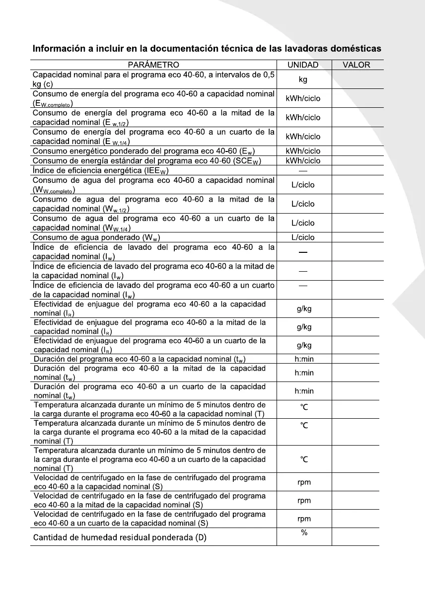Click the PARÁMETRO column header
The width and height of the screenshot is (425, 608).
point(153,65)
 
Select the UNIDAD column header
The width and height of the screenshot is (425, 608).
point(303,65)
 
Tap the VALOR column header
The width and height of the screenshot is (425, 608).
point(356,65)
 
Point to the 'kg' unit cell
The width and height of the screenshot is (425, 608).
point(303,79)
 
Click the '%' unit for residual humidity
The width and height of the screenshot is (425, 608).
point(304,532)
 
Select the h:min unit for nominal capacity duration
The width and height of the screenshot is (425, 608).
point(304,359)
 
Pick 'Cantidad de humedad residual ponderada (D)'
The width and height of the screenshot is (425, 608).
point(120,537)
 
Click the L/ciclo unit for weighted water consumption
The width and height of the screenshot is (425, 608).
point(303,237)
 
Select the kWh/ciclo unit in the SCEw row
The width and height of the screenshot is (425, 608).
point(303,160)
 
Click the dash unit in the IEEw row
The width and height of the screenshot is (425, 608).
point(303,170)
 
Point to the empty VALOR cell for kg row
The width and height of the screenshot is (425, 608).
point(356,79)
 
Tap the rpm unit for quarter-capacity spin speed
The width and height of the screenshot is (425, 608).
point(304,519)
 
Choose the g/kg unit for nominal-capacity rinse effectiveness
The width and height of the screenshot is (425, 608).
point(304,309)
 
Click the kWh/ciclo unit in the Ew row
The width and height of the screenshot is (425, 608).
point(303,151)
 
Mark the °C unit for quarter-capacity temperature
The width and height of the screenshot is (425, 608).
point(304,459)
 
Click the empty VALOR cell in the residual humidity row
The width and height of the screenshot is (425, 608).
point(355,537)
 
